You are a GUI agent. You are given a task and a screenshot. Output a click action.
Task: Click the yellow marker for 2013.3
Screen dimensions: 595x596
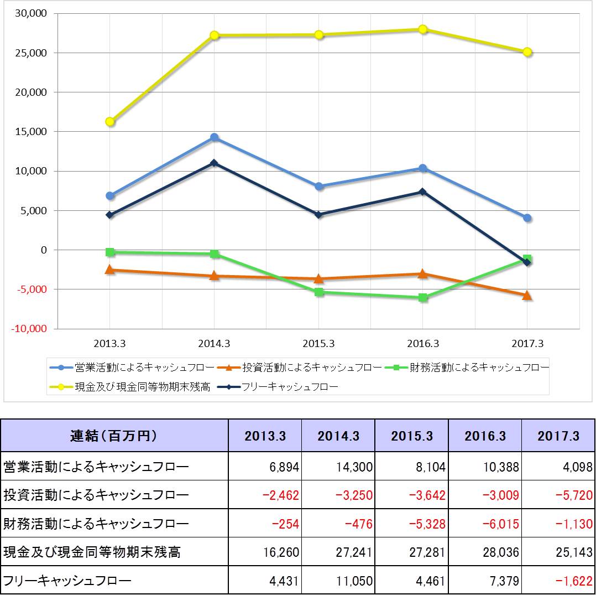click(x=110, y=122)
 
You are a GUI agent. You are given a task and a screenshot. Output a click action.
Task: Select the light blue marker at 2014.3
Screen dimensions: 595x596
click(x=214, y=137)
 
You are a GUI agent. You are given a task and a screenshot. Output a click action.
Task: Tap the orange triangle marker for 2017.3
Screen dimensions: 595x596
click(x=527, y=296)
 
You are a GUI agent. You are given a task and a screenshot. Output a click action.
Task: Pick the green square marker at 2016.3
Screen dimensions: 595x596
click(x=423, y=298)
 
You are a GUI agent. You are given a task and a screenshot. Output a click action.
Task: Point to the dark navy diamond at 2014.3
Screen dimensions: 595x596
click(x=214, y=163)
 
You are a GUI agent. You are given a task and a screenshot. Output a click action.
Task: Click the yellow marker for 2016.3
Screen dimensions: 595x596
click(x=423, y=29)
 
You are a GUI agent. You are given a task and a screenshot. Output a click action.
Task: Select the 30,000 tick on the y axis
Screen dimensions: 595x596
click(x=30, y=13)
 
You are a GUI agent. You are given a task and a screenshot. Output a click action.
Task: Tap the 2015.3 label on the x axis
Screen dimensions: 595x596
click(x=318, y=344)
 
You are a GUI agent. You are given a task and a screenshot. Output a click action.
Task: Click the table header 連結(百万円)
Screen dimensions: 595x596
click(x=114, y=436)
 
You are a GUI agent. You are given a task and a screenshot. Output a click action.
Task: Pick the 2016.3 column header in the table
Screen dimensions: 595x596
click(x=485, y=436)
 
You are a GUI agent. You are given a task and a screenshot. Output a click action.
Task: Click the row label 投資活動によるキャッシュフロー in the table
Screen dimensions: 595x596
click(x=96, y=495)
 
